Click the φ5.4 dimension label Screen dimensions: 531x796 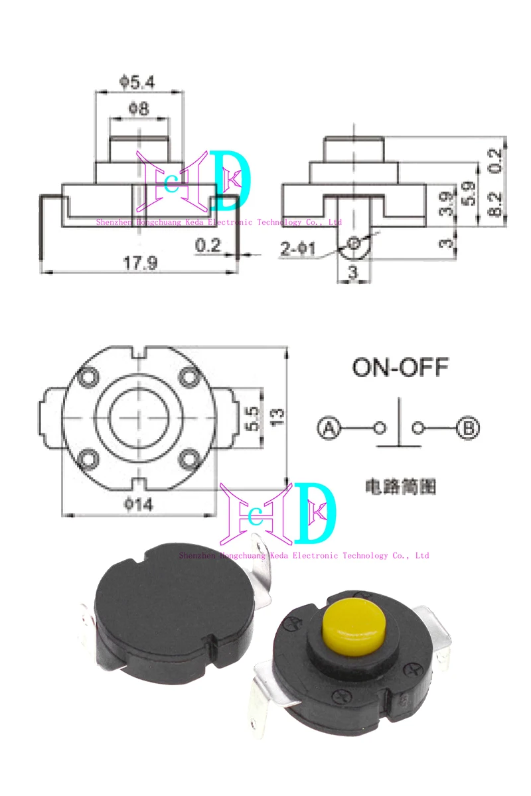pos(138,82)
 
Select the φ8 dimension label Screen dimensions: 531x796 pos(138,107)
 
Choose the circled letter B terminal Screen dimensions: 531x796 pos(469,429)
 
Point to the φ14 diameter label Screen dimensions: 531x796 pos(139,505)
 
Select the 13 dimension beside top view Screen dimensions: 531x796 pos(278,415)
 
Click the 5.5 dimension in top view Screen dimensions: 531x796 pos(252,417)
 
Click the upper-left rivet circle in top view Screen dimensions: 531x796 pos(87,378)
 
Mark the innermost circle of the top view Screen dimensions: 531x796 pos(139,418)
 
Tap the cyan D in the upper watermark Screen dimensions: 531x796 pos(232,178)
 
